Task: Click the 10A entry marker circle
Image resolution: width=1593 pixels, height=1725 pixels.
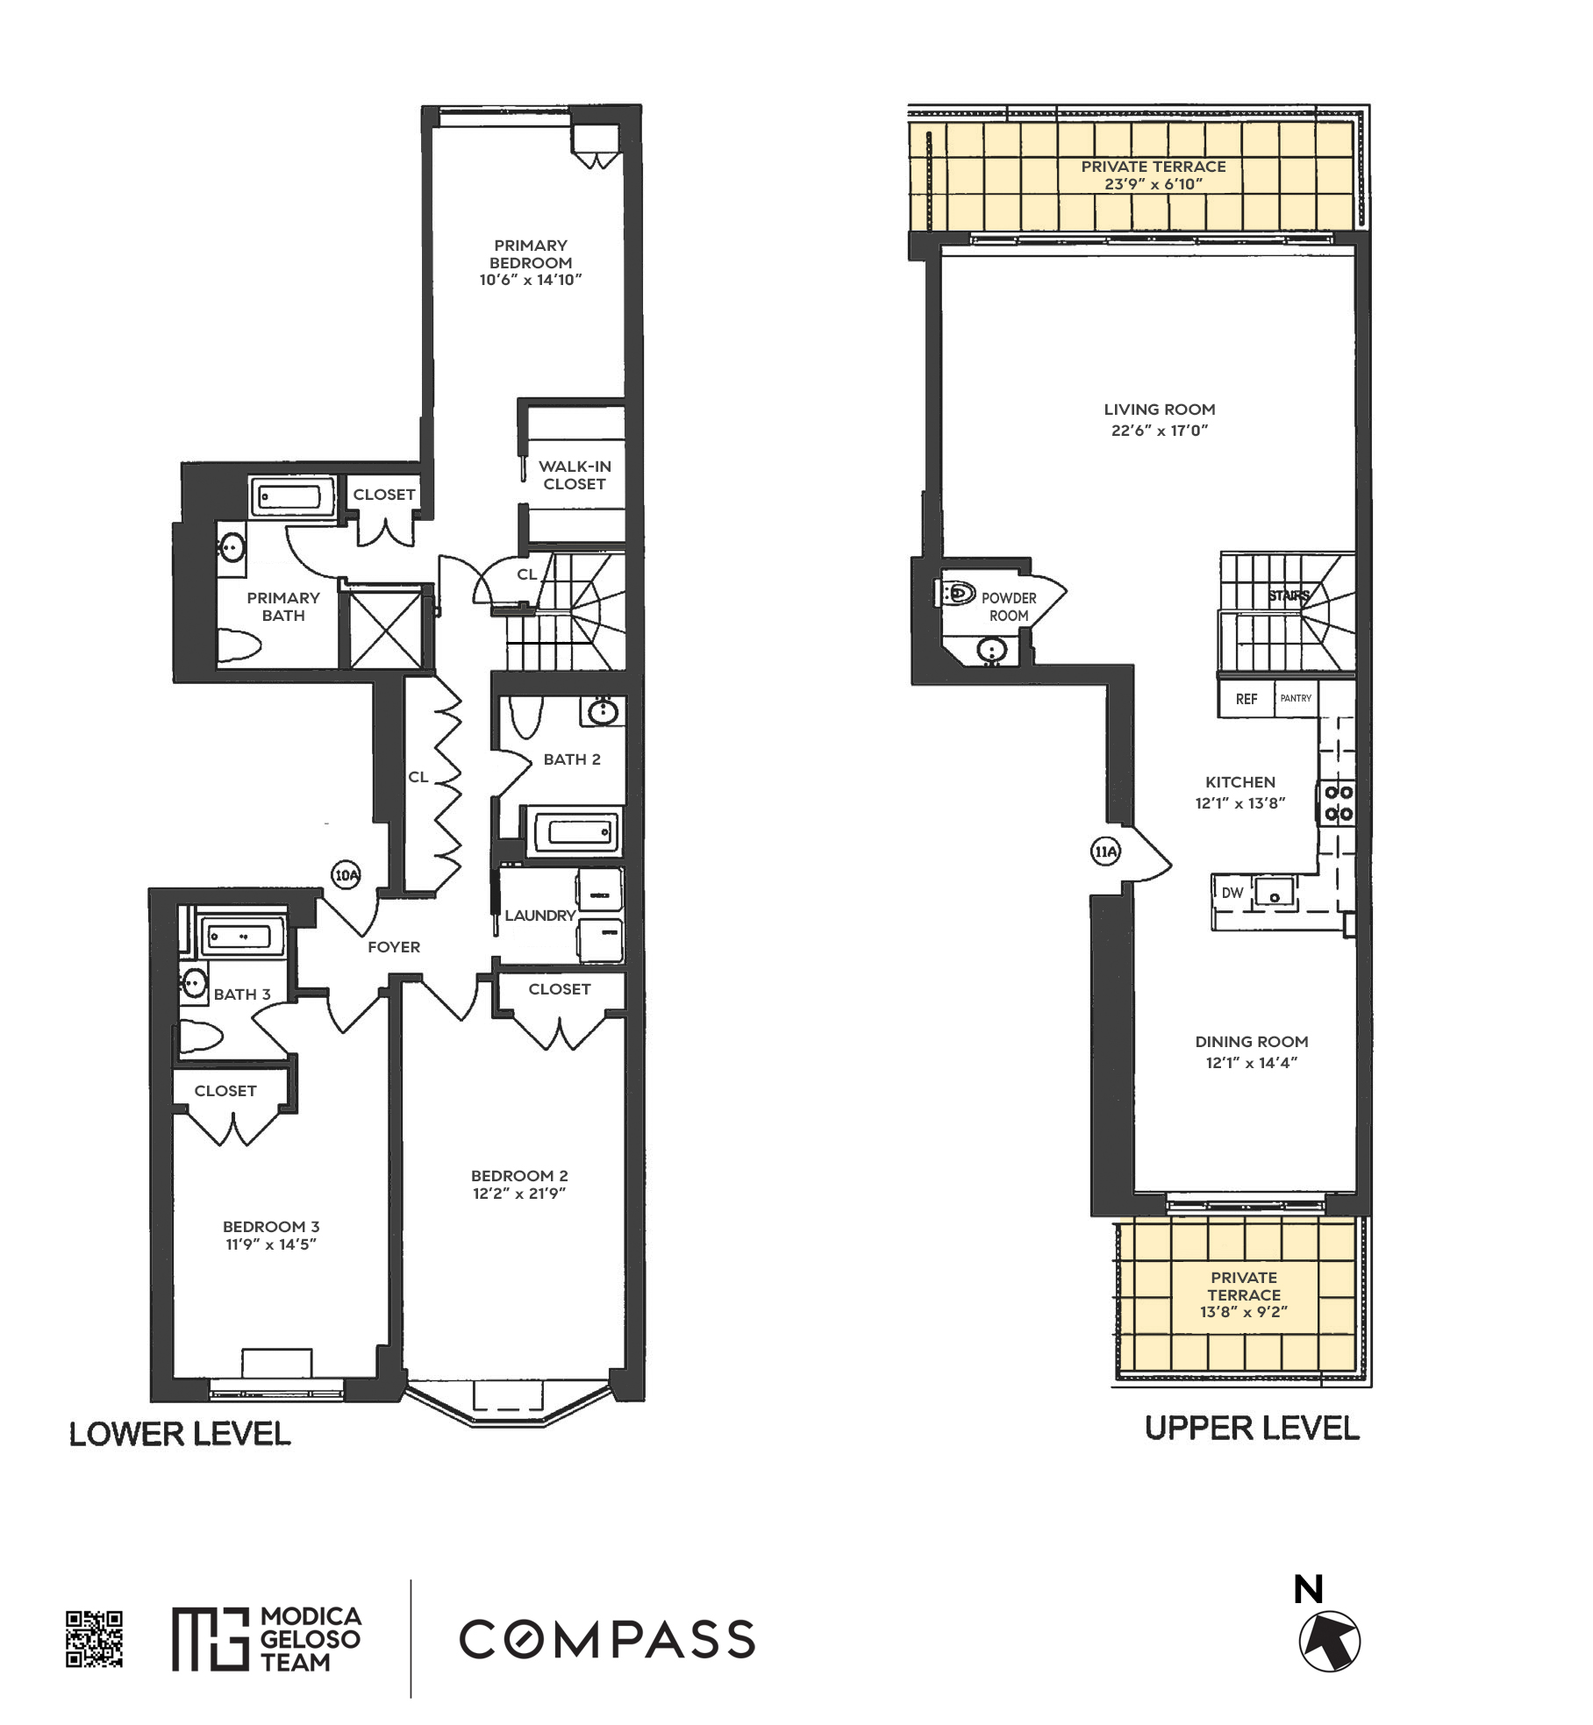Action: point(346,874)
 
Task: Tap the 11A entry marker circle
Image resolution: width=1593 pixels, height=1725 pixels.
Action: point(1105,851)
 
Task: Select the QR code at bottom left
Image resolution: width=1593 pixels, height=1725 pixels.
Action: point(94,1638)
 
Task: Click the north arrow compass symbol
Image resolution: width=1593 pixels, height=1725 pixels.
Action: point(1329,1640)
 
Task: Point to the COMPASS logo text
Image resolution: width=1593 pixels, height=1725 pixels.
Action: point(607,1639)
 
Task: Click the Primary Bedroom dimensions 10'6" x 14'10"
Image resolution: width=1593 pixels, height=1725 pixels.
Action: point(531,281)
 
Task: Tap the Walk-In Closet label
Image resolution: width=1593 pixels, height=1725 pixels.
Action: point(574,475)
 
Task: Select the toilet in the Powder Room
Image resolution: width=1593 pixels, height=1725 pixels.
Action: point(957,594)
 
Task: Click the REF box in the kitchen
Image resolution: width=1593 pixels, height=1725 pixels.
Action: point(1246,699)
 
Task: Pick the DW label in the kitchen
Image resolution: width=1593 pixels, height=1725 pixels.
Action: point(1232,893)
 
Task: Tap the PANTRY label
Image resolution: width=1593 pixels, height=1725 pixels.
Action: point(1296,698)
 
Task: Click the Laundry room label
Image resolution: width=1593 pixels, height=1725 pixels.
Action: point(539,915)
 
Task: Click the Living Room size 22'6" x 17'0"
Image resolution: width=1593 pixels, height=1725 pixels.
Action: point(1159,431)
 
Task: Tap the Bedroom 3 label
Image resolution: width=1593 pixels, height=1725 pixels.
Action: point(270,1226)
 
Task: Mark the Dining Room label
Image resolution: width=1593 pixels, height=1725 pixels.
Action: point(1251,1042)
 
